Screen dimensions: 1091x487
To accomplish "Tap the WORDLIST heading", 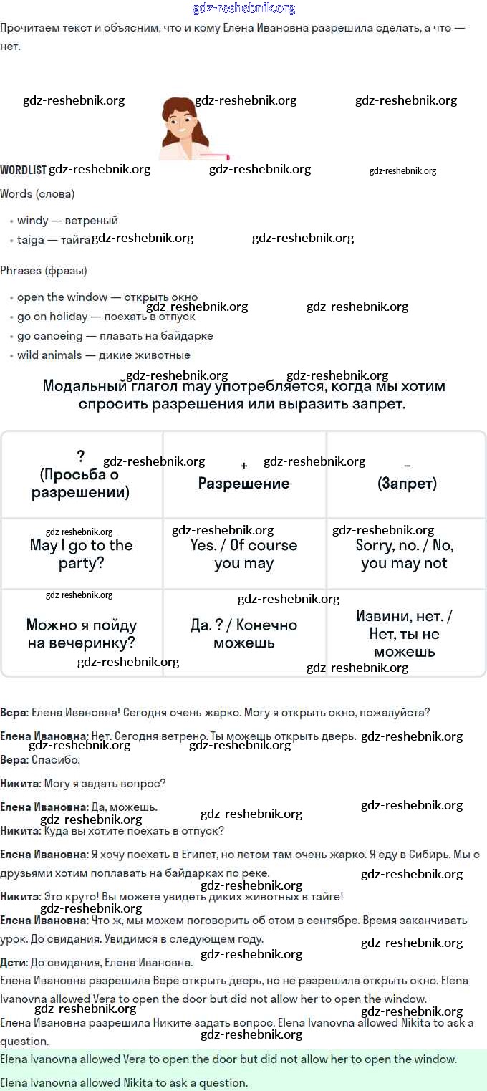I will (23, 170).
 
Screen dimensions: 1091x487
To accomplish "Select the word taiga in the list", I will (30, 240).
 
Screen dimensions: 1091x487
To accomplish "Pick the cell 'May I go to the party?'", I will (82, 554).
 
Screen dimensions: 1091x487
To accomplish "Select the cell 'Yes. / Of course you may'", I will (244, 554).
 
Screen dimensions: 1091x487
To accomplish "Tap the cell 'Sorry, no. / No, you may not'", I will (405, 554).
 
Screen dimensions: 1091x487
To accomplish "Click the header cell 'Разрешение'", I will (244, 483).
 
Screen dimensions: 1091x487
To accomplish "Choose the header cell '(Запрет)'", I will (407, 483).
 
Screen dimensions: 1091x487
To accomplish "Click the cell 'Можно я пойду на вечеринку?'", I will (82, 634).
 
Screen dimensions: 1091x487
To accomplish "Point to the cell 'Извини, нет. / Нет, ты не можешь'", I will (405, 634).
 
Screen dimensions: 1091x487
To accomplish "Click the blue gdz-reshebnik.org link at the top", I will (243, 9).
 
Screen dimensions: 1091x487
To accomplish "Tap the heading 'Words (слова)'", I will (37, 194).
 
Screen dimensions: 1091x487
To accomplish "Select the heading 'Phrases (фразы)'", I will (44, 271).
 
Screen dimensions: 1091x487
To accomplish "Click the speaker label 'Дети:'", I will (14, 962).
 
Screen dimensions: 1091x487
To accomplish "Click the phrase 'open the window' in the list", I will (62, 297).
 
